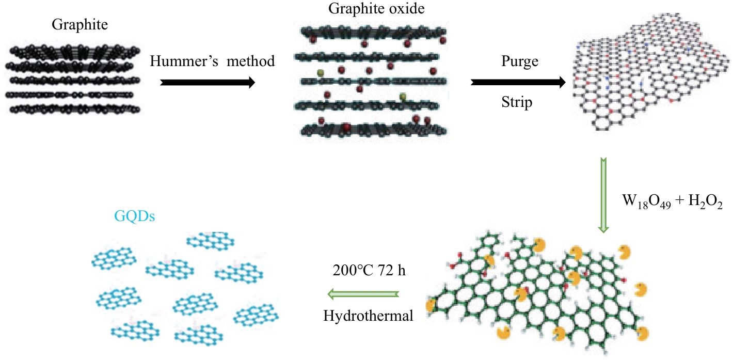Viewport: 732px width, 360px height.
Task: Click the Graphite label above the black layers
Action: pyautogui.click(x=79, y=25)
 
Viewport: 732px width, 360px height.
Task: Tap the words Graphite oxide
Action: pyautogui.click(x=376, y=9)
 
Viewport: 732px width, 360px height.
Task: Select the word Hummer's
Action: pyautogui.click(x=184, y=61)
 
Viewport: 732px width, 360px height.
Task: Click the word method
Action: pyautogui.click(x=251, y=61)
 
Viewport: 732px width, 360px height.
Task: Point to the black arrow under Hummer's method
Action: pyautogui.click(x=208, y=83)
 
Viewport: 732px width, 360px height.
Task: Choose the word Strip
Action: pyautogui.click(x=517, y=102)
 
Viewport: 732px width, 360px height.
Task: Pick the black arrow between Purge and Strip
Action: pyautogui.click(x=518, y=82)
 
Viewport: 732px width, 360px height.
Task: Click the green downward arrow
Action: pyautogui.click(x=603, y=195)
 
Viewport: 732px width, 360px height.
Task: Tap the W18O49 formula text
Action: pyautogui.click(x=646, y=201)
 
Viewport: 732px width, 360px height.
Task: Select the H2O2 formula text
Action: pyautogui.click(x=705, y=201)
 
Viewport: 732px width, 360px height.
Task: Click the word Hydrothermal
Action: pyautogui.click(x=368, y=316)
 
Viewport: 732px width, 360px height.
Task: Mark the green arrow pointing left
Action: pyautogui.click(x=363, y=294)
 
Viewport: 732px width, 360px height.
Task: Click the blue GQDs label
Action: pyautogui.click(x=134, y=216)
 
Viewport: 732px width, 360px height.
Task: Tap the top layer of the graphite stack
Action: pyautogui.click(x=74, y=52)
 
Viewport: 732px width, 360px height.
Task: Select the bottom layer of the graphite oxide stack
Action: pyautogui.click(x=373, y=130)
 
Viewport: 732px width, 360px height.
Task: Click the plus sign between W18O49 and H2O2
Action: pyautogui.click(x=680, y=200)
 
